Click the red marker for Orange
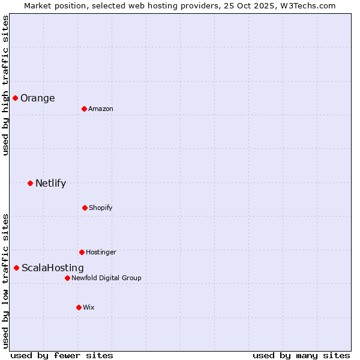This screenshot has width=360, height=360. point(15,98)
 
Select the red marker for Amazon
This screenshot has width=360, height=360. point(84,109)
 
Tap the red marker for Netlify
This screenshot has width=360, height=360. point(30,183)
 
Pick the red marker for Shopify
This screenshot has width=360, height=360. point(85,208)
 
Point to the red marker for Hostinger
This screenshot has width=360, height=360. point(82,252)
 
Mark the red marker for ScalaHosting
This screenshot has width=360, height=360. point(16,268)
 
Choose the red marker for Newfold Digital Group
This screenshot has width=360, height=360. point(67,278)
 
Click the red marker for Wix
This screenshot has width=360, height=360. point(79,307)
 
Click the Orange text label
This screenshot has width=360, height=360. point(37,98)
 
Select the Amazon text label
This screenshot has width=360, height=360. point(100,109)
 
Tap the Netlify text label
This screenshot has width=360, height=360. point(50,184)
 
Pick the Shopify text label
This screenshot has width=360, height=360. point(100,208)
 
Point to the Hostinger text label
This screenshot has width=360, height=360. point(101,252)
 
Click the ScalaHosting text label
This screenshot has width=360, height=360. point(52,268)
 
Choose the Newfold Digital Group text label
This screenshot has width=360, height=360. point(106,278)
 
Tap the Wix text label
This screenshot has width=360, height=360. point(88,307)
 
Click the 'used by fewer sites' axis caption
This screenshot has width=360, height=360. point(62,355)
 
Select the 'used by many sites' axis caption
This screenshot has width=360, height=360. point(301,355)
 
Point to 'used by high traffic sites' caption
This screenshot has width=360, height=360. point(5,85)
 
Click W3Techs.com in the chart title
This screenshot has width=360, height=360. point(307,5)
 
